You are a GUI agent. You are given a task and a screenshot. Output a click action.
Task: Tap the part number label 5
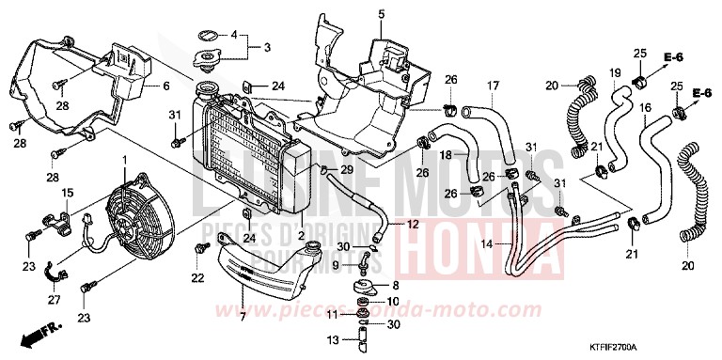coord(355,13)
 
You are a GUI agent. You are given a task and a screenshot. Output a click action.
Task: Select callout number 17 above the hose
coord(491,86)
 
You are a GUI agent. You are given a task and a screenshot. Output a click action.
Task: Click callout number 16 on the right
coord(645,107)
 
